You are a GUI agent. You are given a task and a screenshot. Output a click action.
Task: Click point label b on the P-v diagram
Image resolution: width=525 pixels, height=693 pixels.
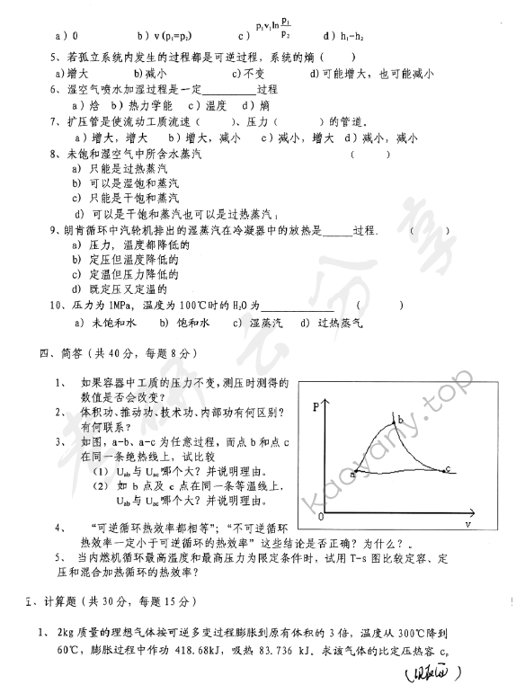pos(401,420)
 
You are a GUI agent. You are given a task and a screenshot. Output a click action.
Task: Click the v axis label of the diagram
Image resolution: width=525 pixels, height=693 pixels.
pos(468,523)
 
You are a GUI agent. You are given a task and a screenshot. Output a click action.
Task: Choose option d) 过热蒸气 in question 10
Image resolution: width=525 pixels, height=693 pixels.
pos(334,322)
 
